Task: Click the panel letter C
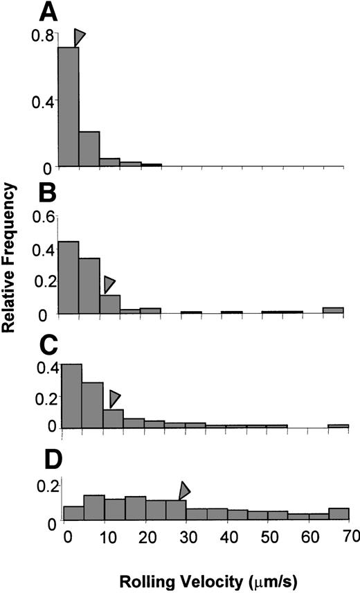48,342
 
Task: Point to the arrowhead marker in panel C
114,398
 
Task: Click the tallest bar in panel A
69,107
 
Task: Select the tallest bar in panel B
69,277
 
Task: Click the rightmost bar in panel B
333,310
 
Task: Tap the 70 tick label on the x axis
349,536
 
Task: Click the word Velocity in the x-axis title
201,578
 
